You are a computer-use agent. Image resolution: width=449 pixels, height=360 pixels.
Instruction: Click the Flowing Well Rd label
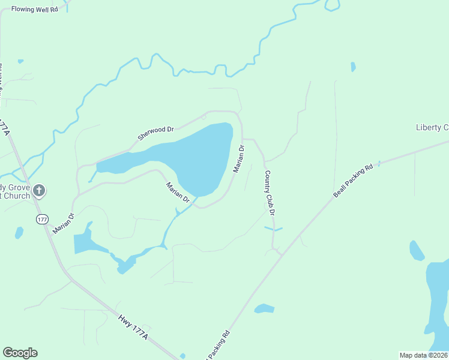34,10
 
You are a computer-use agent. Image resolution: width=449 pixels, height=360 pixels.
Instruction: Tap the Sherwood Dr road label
155,133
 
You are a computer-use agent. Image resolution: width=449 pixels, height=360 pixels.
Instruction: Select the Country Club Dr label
270,193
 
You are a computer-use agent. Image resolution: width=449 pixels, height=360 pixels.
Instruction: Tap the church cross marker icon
39,191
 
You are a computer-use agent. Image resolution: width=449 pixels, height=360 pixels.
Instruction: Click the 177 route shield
41,220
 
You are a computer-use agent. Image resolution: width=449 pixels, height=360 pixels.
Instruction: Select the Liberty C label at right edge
432,127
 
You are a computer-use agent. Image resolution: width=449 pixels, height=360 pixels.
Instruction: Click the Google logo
20,353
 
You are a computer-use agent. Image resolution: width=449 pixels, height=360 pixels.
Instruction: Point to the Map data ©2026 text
423,355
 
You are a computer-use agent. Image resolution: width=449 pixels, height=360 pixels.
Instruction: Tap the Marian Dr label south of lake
178,192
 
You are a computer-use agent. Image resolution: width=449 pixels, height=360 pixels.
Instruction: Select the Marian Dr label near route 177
63,223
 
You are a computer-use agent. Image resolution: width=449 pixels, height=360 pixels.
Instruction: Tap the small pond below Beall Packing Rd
264,309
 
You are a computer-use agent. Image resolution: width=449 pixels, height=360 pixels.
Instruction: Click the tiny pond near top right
353,67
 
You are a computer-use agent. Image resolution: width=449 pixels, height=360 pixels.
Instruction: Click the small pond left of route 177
19,232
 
